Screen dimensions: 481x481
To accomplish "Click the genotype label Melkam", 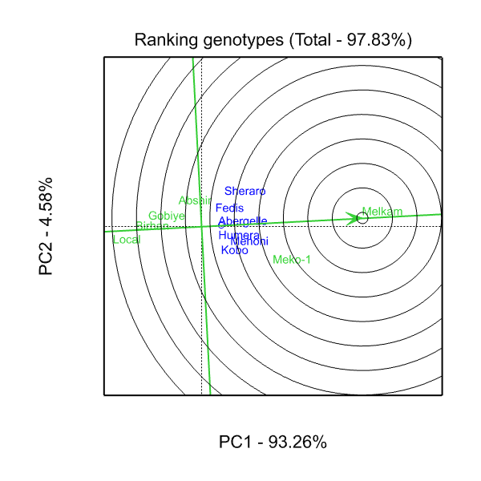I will [x=377, y=212].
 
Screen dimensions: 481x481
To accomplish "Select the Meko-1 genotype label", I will [x=292, y=260].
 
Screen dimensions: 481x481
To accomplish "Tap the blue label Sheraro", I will [x=245, y=192].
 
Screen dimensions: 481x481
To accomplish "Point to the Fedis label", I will [x=229, y=208].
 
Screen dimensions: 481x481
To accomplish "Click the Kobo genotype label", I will [x=234, y=251].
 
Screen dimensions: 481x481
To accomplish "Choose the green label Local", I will [x=127, y=240].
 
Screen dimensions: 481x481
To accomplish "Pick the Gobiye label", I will [x=167, y=216].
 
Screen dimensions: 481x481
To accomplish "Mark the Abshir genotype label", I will [x=195, y=200].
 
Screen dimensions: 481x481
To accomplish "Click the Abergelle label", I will [x=243, y=221].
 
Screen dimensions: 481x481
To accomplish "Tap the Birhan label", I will [x=152, y=226].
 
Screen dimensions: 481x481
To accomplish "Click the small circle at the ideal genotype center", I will [x=362, y=218].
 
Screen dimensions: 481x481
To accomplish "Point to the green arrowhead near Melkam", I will [x=352, y=218].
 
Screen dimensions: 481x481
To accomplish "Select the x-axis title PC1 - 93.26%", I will [x=273, y=442].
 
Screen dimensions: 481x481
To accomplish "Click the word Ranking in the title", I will [x=164, y=40].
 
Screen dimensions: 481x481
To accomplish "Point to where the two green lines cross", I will [x=201, y=226].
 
